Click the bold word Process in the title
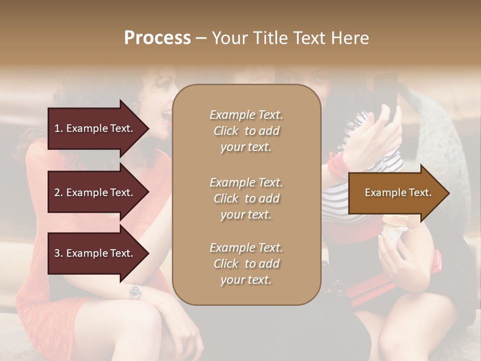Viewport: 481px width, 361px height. (157, 38)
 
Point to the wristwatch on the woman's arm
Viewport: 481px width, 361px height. (135, 291)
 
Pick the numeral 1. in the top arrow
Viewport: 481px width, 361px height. (58, 128)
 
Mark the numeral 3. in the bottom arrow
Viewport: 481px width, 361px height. (58, 253)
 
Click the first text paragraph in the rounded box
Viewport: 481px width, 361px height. (246, 131)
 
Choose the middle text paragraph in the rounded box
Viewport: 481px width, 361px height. (246, 199)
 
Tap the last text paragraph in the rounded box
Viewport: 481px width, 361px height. (246, 264)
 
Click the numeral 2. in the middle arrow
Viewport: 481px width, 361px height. (58, 193)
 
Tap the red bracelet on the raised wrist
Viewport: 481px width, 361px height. (338, 165)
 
